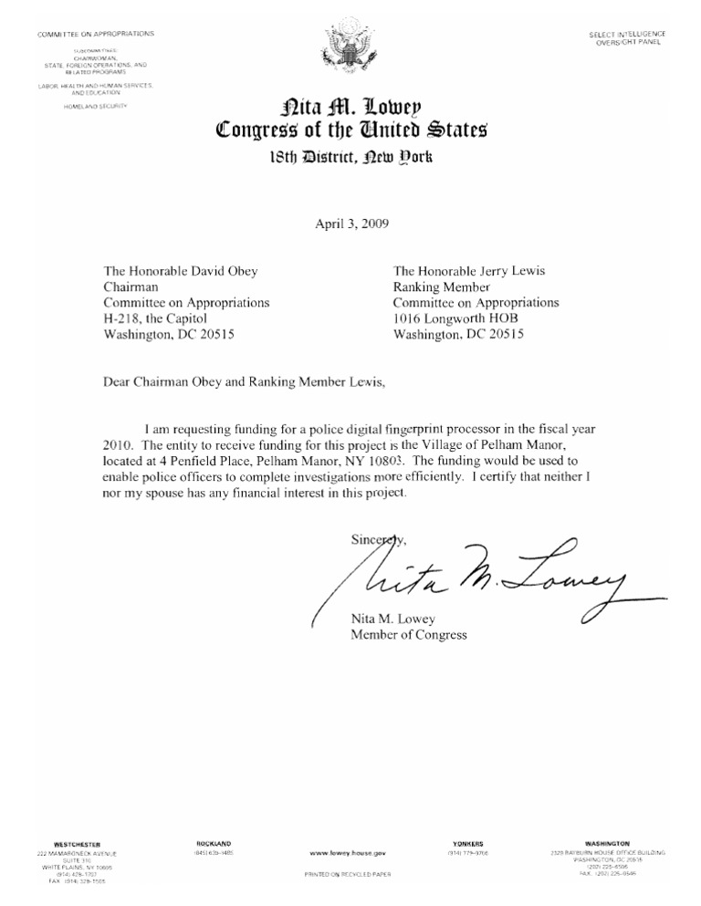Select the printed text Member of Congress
[x=408, y=634]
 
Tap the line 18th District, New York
[x=350, y=156]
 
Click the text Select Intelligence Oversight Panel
[x=627, y=37]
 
